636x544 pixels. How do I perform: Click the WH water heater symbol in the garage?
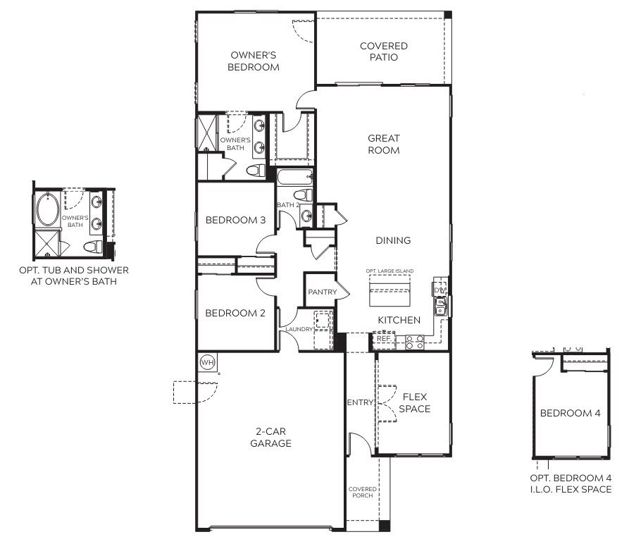pos(208,362)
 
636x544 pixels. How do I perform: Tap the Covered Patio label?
pos(384,51)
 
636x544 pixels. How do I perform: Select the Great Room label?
pos(384,144)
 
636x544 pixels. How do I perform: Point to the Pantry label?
pos(323,292)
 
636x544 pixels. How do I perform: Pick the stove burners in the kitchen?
pos(415,342)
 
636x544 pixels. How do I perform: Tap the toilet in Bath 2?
pos(303,194)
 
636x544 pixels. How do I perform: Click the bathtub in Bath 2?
pos(295,177)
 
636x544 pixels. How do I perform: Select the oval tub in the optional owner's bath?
pos(48,209)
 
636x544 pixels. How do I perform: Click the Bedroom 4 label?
pos(570,414)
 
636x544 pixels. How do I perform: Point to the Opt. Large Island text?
pos(389,271)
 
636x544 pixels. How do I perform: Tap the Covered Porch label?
pos(363,492)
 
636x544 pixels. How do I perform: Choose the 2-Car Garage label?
pos(270,438)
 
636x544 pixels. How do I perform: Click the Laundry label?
pos(299,329)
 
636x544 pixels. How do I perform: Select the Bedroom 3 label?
pos(235,221)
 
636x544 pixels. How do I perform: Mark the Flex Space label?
pos(415,403)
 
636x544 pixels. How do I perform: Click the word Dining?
pos(393,240)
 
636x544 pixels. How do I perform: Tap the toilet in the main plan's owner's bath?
pos(256,171)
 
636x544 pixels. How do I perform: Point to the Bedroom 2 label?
pos(235,313)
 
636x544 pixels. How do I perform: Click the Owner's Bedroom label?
pos(254,61)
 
